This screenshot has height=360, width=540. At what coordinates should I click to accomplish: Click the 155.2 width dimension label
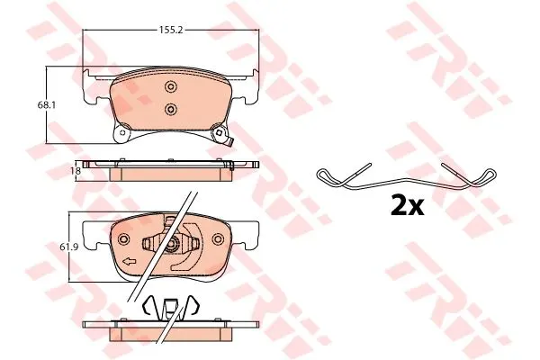click(170, 30)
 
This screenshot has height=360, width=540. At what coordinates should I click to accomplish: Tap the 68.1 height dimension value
click(47, 104)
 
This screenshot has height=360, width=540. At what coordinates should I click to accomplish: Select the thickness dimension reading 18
click(77, 170)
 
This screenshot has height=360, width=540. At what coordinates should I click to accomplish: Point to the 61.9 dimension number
click(65, 247)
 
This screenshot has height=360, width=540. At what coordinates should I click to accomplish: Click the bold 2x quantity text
click(407, 205)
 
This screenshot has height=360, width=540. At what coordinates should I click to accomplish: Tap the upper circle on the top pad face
click(170, 86)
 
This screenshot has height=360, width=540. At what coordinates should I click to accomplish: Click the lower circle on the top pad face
click(170, 110)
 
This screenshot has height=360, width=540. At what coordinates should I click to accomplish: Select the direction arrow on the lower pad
click(129, 262)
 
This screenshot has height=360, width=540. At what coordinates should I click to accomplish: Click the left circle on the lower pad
click(123, 239)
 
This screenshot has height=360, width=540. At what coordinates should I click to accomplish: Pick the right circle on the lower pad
click(218, 239)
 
